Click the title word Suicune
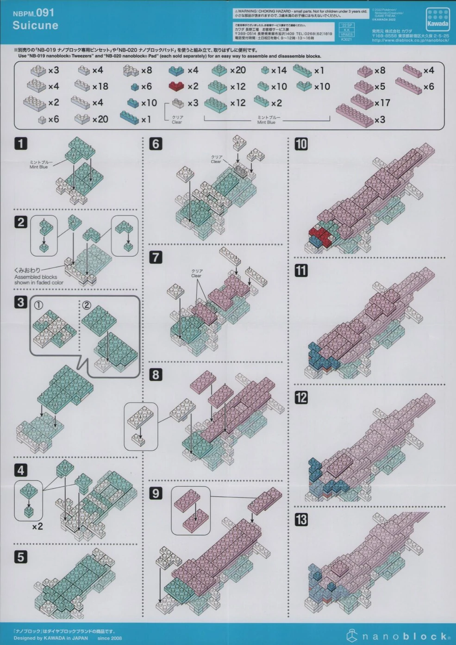coord(35,25)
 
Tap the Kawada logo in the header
coord(437,19)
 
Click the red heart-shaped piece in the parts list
coord(176,86)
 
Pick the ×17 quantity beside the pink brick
coord(382,103)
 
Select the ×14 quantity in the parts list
coord(279,70)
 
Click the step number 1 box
coord(21,143)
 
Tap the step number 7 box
coord(156,257)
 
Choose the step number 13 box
coord(301,519)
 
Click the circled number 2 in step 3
coord(87,305)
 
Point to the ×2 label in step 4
coord(37,526)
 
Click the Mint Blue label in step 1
coord(39,165)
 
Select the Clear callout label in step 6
coord(216,159)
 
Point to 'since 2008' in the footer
coord(110,638)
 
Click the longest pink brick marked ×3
coord(354,115)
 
